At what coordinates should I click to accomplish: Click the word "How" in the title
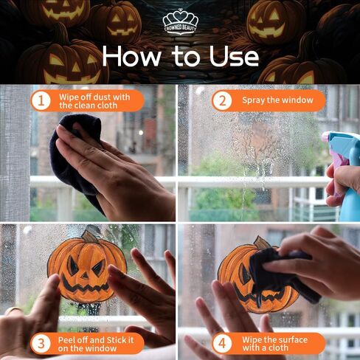(131, 56)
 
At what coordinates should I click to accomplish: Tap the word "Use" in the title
(234, 57)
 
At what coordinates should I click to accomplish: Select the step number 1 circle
(41, 101)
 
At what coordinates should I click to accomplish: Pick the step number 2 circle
(222, 100)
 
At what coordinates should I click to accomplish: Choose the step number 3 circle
(41, 343)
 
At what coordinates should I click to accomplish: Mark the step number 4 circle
(222, 343)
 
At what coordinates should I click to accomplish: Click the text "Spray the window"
(277, 100)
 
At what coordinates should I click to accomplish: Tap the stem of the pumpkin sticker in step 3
(89, 236)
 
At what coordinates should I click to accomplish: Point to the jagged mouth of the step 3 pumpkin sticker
(85, 285)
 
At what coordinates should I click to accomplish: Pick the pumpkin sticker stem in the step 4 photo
(260, 242)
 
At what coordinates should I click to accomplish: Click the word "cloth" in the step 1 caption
(107, 105)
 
